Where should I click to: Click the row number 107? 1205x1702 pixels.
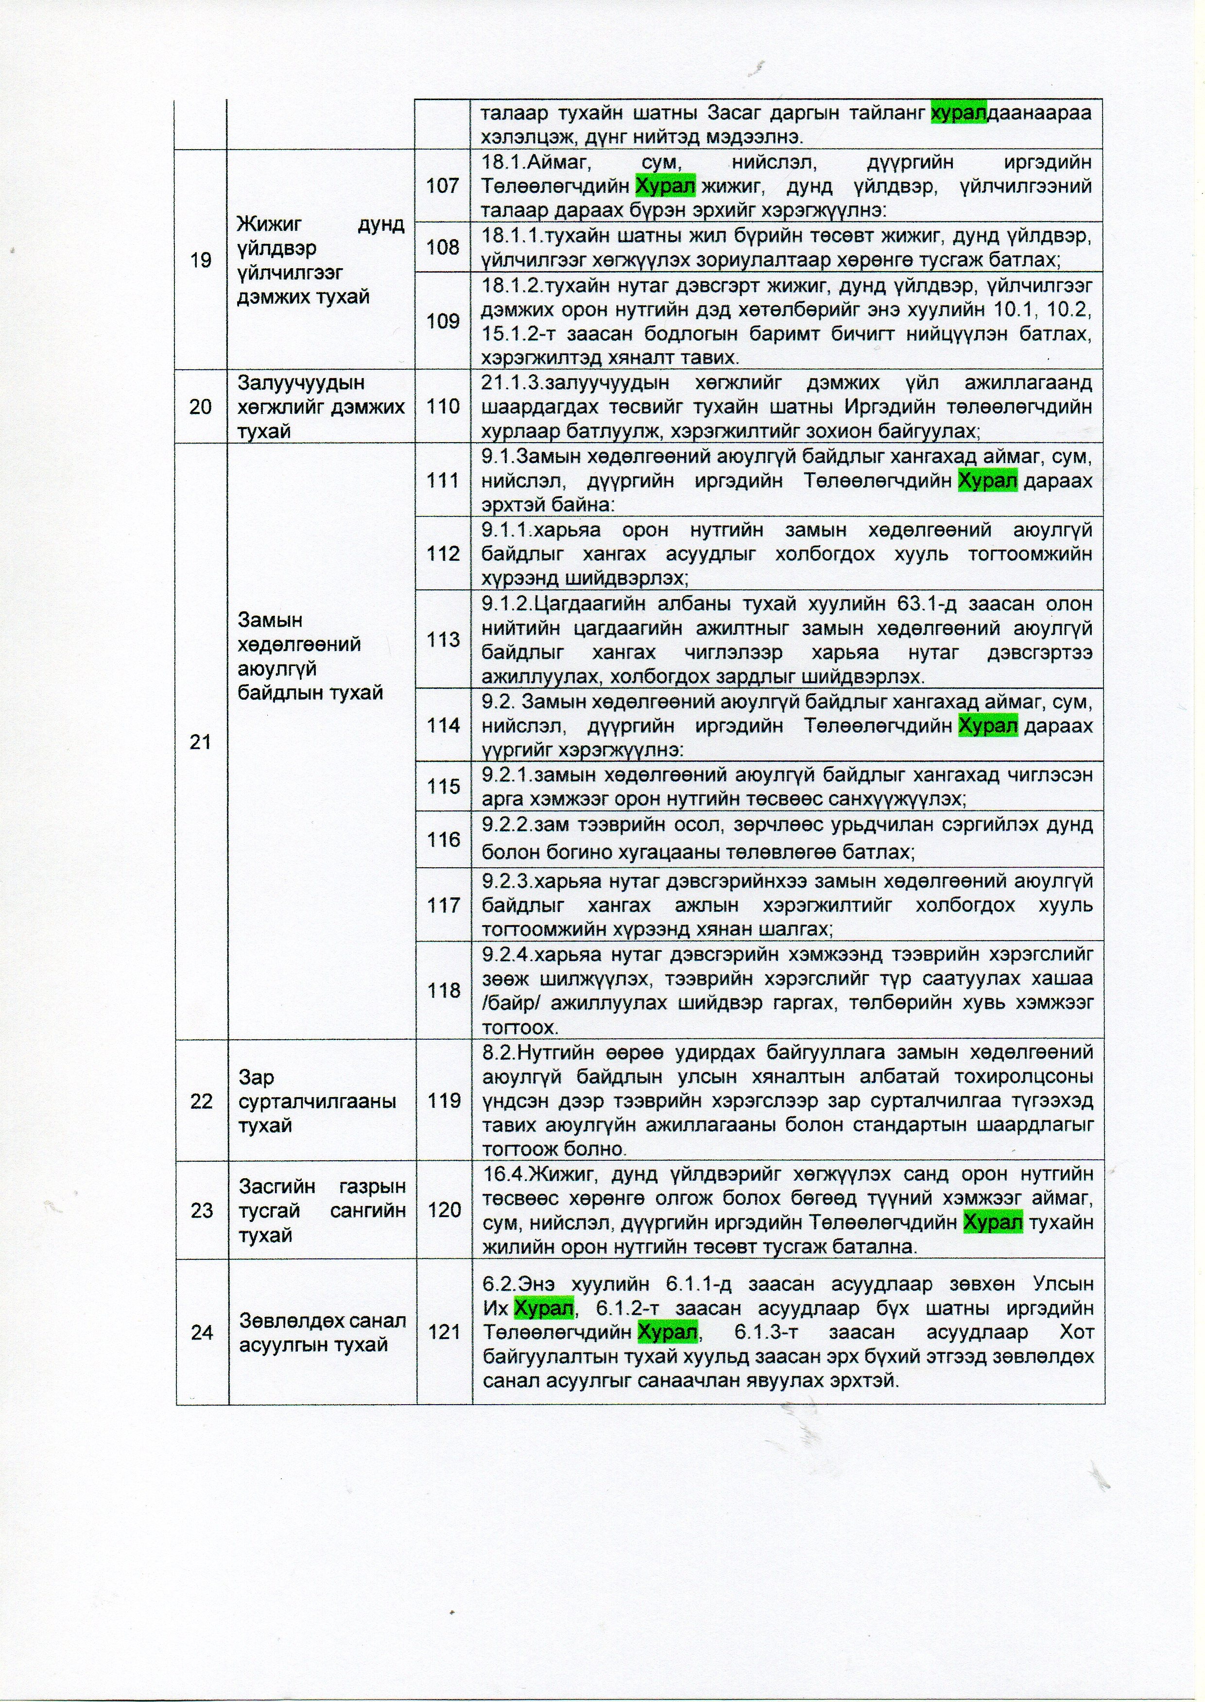pos(443,186)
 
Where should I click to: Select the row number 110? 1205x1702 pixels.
pos(443,407)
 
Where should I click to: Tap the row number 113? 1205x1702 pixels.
pos(443,639)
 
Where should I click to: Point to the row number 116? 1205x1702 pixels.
pos(443,840)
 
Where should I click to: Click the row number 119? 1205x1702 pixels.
pos(443,1101)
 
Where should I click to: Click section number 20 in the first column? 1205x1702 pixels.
pos(201,407)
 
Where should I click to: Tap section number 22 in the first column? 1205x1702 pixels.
pos(201,1101)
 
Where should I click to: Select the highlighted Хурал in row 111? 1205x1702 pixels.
pos(988,481)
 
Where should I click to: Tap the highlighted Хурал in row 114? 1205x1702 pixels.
pos(988,725)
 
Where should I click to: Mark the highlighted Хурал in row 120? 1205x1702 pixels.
pos(992,1222)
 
